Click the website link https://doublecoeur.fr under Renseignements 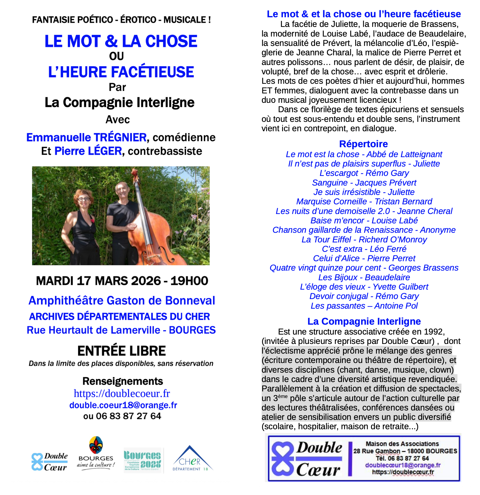point(122,393)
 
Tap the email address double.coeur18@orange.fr point(123,405)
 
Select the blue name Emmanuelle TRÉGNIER point(87,137)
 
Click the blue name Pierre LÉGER point(88,151)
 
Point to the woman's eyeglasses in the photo point(84,199)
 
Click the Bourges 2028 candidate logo point(142,460)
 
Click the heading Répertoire point(363,144)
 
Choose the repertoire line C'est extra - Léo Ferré point(364,249)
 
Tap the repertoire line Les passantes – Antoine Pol point(364,306)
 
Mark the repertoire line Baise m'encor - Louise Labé point(364,220)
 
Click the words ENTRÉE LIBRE point(122,351)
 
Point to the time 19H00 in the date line point(189,281)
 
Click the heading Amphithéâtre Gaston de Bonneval point(122,301)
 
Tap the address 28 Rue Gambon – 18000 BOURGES point(405,451)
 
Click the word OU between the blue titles point(116,56)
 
